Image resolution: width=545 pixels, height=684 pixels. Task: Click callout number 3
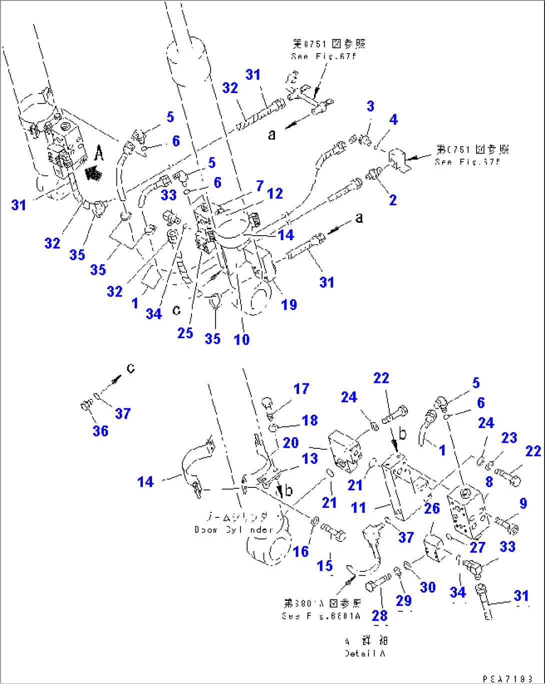(x=370, y=106)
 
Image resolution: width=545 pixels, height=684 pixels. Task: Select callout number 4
(x=393, y=120)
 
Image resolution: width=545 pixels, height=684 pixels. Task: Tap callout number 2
(x=392, y=200)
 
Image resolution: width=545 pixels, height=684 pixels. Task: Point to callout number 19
(x=289, y=305)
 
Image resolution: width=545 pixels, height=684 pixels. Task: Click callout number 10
(x=241, y=340)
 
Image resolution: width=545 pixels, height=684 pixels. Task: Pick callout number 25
(x=185, y=333)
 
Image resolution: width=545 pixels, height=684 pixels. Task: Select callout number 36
(x=100, y=431)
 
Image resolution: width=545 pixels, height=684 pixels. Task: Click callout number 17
(x=301, y=389)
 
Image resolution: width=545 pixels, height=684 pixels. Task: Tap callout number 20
(x=290, y=443)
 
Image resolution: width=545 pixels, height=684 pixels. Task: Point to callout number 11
(x=358, y=508)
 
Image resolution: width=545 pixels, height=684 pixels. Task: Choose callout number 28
(x=379, y=615)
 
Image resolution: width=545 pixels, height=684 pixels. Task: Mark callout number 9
(x=523, y=503)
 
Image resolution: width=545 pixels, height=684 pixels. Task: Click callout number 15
(x=324, y=565)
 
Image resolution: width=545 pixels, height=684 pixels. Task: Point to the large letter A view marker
(x=99, y=154)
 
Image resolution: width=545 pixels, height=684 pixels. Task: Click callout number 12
(x=275, y=194)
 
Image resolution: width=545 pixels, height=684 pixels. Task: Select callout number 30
(x=427, y=587)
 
